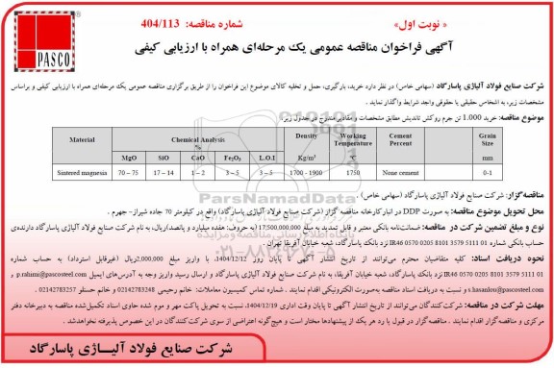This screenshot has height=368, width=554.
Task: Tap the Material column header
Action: [x=80, y=140]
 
